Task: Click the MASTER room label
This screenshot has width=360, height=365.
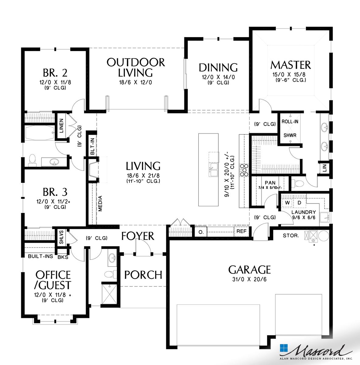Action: click(290, 65)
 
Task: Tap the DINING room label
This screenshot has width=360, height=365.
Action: click(218, 68)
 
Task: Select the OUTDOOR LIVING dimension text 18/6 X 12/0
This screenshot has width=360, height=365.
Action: click(135, 82)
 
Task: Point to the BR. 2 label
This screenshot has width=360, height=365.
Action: click(55, 73)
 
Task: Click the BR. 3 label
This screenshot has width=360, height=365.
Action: click(55, 192)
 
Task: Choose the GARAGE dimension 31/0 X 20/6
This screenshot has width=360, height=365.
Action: click(249, 280)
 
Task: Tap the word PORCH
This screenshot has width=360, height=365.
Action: click(143, 275)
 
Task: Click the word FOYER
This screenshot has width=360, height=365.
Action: click(138, 236)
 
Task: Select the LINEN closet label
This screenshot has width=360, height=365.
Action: click(61, 126)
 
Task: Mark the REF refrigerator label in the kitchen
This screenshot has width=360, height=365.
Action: click(242, 231)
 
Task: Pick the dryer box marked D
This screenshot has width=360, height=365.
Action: click(299, 203)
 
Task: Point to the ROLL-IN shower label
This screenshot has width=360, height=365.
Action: click(290, 121)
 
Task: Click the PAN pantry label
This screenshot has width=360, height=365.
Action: click(270, 183)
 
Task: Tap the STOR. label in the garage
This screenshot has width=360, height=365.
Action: click(291, 235)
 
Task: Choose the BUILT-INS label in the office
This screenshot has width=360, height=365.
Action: click(40, 256)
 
